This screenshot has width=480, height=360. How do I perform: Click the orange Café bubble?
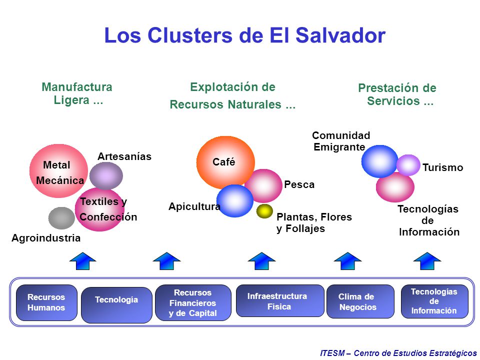225,162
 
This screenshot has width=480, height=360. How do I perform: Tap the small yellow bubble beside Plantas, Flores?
264,211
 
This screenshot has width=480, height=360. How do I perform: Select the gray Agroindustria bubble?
61,218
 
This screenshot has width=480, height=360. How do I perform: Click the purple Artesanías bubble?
106,175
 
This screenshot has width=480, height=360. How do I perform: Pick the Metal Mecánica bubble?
58,171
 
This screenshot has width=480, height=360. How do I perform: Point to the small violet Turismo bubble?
408,165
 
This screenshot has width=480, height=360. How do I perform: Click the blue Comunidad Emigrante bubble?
379,161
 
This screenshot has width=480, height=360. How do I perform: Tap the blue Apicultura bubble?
235,201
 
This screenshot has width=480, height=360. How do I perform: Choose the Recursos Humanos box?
46,302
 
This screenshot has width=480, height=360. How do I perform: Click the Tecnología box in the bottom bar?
116,305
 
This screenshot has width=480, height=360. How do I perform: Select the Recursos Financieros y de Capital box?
193,302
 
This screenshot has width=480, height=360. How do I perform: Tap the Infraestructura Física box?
280,300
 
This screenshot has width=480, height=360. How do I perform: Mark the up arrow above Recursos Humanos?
82,261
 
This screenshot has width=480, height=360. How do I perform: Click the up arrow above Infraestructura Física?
261,261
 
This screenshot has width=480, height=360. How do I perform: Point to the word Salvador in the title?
340,35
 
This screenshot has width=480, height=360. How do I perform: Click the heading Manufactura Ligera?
77,93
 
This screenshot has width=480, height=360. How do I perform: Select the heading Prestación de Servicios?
397,94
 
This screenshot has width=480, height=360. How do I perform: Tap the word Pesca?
299,184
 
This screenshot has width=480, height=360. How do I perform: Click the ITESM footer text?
398,353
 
